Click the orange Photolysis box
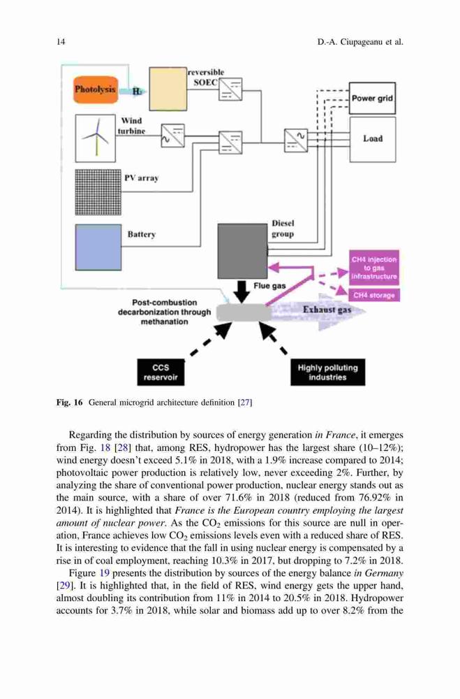point(96,89)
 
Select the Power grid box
point(372,98)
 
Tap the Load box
point(372,139)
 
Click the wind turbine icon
point(96,138)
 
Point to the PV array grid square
point(98,192)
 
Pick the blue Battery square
point(98,247)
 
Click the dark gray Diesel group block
point(242,251)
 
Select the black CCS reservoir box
point(161,373)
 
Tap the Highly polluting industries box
point(328,373)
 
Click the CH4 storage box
point(374,295)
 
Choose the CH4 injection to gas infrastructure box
point(374,268)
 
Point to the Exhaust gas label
point(327,310)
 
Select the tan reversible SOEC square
point(168,89)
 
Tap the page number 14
point(61,42)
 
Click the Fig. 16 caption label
point(70,403)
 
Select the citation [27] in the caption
point(246,403)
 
